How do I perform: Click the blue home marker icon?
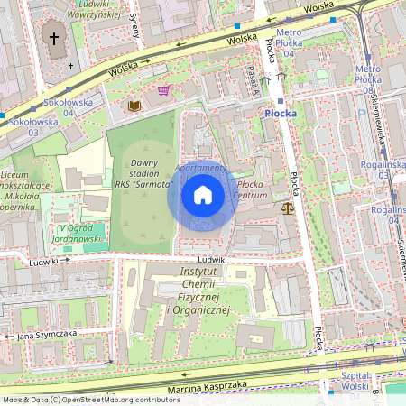pyautogui.click(x=203, y=195)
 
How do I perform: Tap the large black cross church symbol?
pyautogui.click(x=53, y=39)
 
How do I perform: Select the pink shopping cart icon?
pyautogui.click(x=163, y=90)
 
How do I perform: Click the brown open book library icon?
pyautogui.click(x=134, y=106)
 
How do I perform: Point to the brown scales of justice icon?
pyautogui.click(x=288, y=208)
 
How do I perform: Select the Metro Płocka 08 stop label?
pyautogui.click(x=374, y=79)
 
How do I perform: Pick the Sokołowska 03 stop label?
pyautogui.click(x=23, y=127)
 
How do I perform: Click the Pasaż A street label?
pyautogui.click(x=253, y=79)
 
